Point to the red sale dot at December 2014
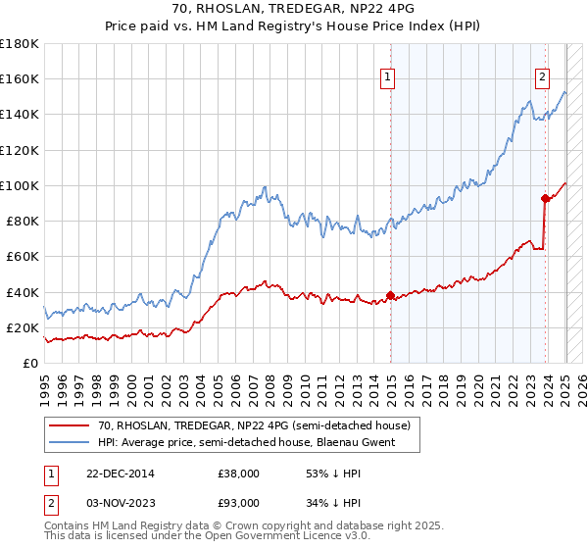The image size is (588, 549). pos(390,295)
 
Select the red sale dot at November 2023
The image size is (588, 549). pos(546,197)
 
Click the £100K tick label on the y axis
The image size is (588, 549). pos(20,185)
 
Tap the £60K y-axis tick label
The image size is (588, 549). pos(23,257)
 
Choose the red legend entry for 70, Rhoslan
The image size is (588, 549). pos(260,424)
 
